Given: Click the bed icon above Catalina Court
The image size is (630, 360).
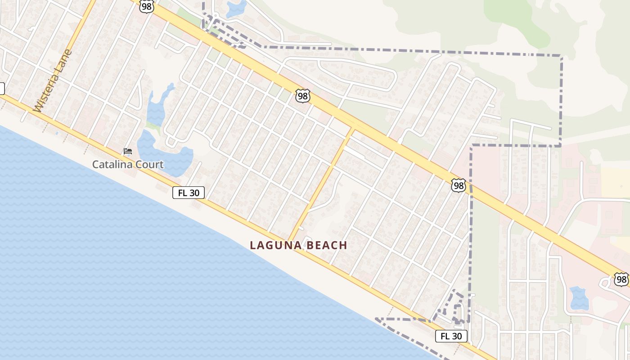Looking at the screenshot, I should tap(128, 151).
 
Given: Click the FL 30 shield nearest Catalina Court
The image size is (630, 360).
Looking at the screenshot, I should tap(189, 193).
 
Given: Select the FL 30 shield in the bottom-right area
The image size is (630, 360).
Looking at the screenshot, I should tap(451, 336).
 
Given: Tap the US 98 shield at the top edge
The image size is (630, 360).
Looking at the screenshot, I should tap(146, 6).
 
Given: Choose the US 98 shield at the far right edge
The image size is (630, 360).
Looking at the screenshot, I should tap(621, 279).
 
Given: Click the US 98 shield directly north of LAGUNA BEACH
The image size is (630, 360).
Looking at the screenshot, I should tap(303, 95).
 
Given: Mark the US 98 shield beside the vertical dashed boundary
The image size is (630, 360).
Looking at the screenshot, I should tap(458, 185).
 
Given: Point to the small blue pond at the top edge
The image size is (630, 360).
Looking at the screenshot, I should tap(237, 9).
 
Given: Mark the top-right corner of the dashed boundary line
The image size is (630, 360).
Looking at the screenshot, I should tap(561, 56).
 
